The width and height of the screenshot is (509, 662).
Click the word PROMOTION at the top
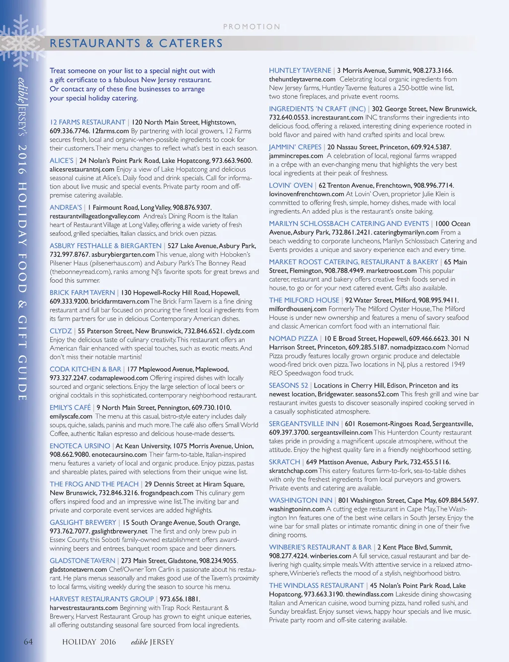click(252, 27)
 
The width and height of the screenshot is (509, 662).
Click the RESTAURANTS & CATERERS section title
click(136, 43)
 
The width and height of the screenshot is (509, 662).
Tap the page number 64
click(28, 642)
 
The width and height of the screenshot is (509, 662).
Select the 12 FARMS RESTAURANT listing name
click(87, 122)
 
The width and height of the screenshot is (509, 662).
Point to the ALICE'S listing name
click(62, 161)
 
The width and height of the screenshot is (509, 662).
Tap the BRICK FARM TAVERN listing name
click(82, 293)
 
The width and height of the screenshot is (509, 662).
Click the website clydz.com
click(240, 331)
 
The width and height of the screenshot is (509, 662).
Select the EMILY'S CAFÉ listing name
click(70, 408)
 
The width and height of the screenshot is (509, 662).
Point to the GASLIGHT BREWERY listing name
click(83, 523)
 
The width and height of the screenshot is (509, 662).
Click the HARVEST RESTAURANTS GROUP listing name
click(101, 599)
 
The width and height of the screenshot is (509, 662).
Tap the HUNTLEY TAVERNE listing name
click(300, 71)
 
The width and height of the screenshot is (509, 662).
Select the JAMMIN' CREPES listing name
click(295, 147)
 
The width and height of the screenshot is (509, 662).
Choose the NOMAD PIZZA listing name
click(293, 339)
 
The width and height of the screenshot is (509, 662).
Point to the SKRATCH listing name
click(285, 462)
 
